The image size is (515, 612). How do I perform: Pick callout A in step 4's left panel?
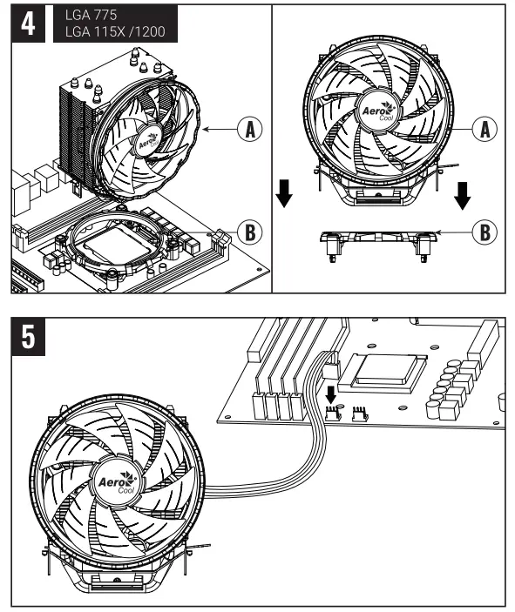point(250,129)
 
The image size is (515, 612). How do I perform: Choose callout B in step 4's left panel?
point(250,232)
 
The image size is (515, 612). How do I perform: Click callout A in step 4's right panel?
point(485,129)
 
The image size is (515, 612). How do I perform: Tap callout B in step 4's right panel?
point(485,232)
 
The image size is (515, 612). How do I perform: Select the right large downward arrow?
point(463,197)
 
